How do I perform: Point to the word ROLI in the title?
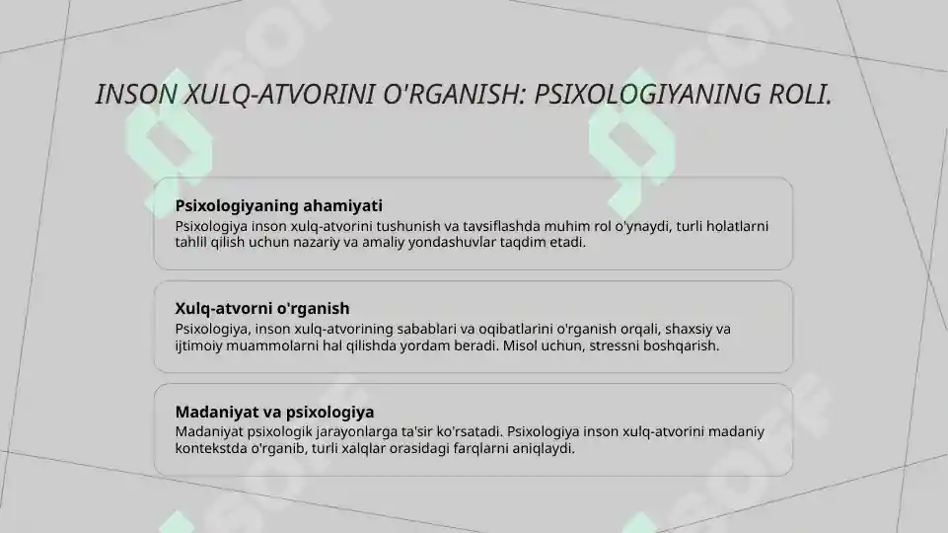tap(796, 96)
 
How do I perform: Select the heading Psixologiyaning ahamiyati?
tap(278, 206)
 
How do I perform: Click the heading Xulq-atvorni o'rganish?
tap(262, 309)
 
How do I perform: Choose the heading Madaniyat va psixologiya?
tap(274, 412)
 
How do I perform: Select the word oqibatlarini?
tap(515, 329)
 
